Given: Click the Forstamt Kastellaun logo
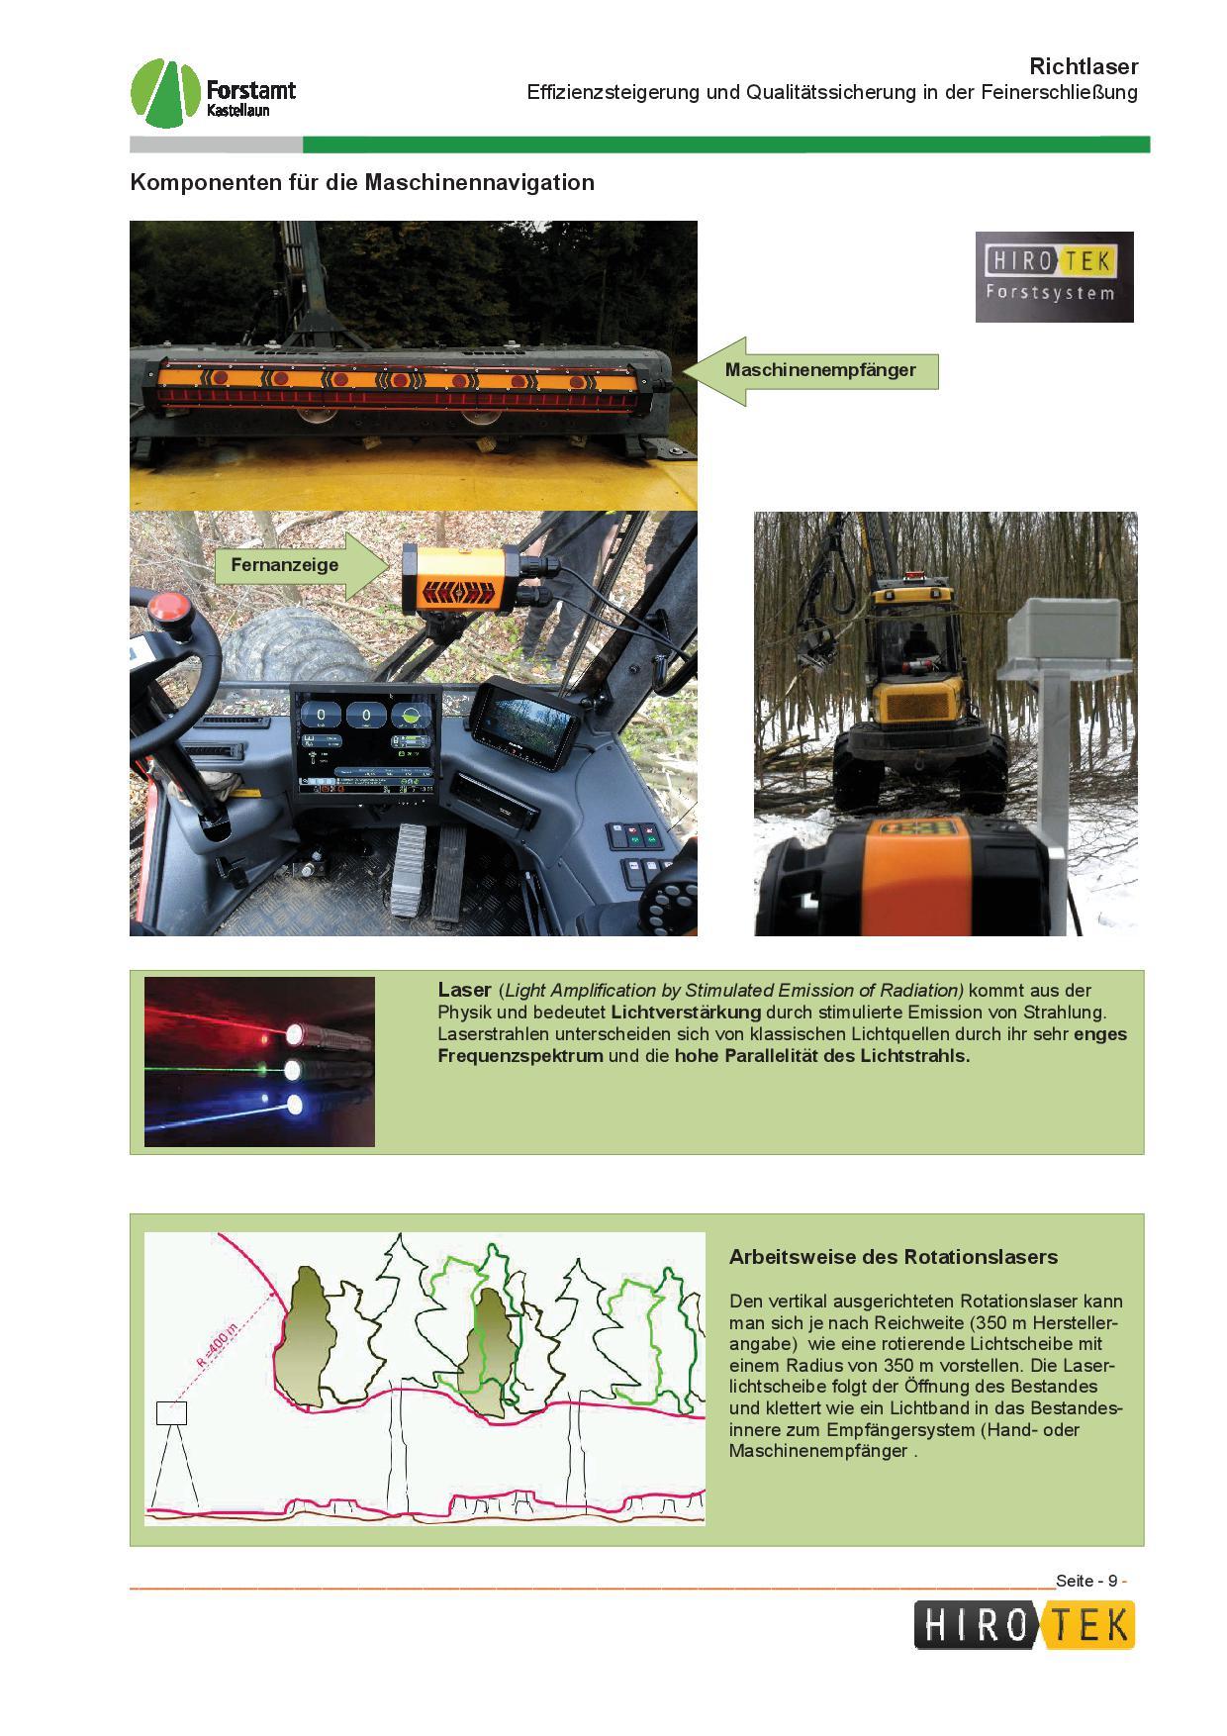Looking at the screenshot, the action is tap(213, 93).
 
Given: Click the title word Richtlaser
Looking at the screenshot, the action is tap(1084, 66).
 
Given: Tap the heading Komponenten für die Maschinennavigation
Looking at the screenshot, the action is tap(362, 182).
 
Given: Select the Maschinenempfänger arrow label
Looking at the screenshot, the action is tap(811, 370).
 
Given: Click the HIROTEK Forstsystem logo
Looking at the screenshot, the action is tap(1054, 276).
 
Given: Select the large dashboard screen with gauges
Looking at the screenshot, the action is tap(364, 744).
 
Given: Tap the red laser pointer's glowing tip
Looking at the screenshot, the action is tap(294, 1033).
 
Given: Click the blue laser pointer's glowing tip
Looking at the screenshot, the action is tap(294, 1105).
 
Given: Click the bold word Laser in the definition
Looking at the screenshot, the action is tap(464, 990).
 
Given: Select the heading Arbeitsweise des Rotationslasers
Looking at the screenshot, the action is tap(894, 1257).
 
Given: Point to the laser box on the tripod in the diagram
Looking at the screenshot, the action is tap(171, 1412).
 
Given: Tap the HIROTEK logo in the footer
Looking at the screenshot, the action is tap(1023, 1626).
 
